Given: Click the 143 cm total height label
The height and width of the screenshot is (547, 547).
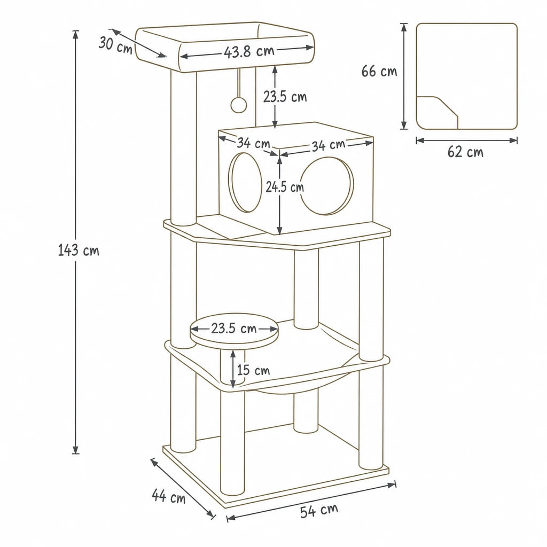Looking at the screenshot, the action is (79, 250).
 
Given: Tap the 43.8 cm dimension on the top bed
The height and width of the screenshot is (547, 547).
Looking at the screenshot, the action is (249, 51).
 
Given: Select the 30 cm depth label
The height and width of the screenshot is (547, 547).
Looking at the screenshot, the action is (115, 45).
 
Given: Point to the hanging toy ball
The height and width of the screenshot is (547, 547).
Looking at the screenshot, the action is (239, 104).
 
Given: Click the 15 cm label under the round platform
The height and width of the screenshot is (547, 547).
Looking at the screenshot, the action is (253, 370).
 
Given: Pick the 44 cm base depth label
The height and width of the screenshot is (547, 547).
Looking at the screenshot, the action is (168, 495).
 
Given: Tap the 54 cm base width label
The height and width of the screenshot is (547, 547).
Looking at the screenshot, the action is (319, 510).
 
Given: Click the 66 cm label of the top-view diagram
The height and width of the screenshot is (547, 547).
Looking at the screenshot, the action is (379, 71).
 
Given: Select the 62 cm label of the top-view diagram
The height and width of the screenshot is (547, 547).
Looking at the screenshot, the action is (465, 152).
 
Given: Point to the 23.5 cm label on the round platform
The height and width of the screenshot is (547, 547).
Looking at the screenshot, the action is (234, 329).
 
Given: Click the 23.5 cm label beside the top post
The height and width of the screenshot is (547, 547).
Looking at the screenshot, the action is (285, 97).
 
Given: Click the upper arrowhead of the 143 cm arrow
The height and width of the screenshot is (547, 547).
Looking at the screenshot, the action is (75, 34).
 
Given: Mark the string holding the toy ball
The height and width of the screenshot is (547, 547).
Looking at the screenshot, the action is (239, 82).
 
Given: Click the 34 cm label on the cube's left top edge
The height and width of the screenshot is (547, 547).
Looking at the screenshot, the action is (254, 143).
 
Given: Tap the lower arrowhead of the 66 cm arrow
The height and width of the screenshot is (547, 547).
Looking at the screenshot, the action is (404, 126).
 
